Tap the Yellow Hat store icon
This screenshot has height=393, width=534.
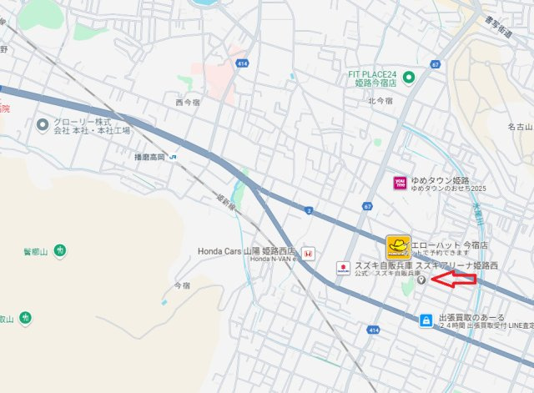pos(399,246)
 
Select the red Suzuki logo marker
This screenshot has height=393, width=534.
pos(342,268)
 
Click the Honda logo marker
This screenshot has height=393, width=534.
pos(307,252)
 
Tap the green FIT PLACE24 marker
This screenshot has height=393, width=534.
pos(409,78)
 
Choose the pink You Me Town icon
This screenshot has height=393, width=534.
pos(400,182)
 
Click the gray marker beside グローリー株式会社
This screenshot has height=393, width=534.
pos(43,125)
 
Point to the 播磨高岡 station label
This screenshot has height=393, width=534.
pos(149,156)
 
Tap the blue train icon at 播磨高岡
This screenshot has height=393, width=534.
pos(173,156)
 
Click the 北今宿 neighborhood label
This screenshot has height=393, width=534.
pos(380,101)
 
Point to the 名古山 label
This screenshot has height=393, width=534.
pos(518,126)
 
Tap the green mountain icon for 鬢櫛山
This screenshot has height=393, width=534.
pos(61,250)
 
